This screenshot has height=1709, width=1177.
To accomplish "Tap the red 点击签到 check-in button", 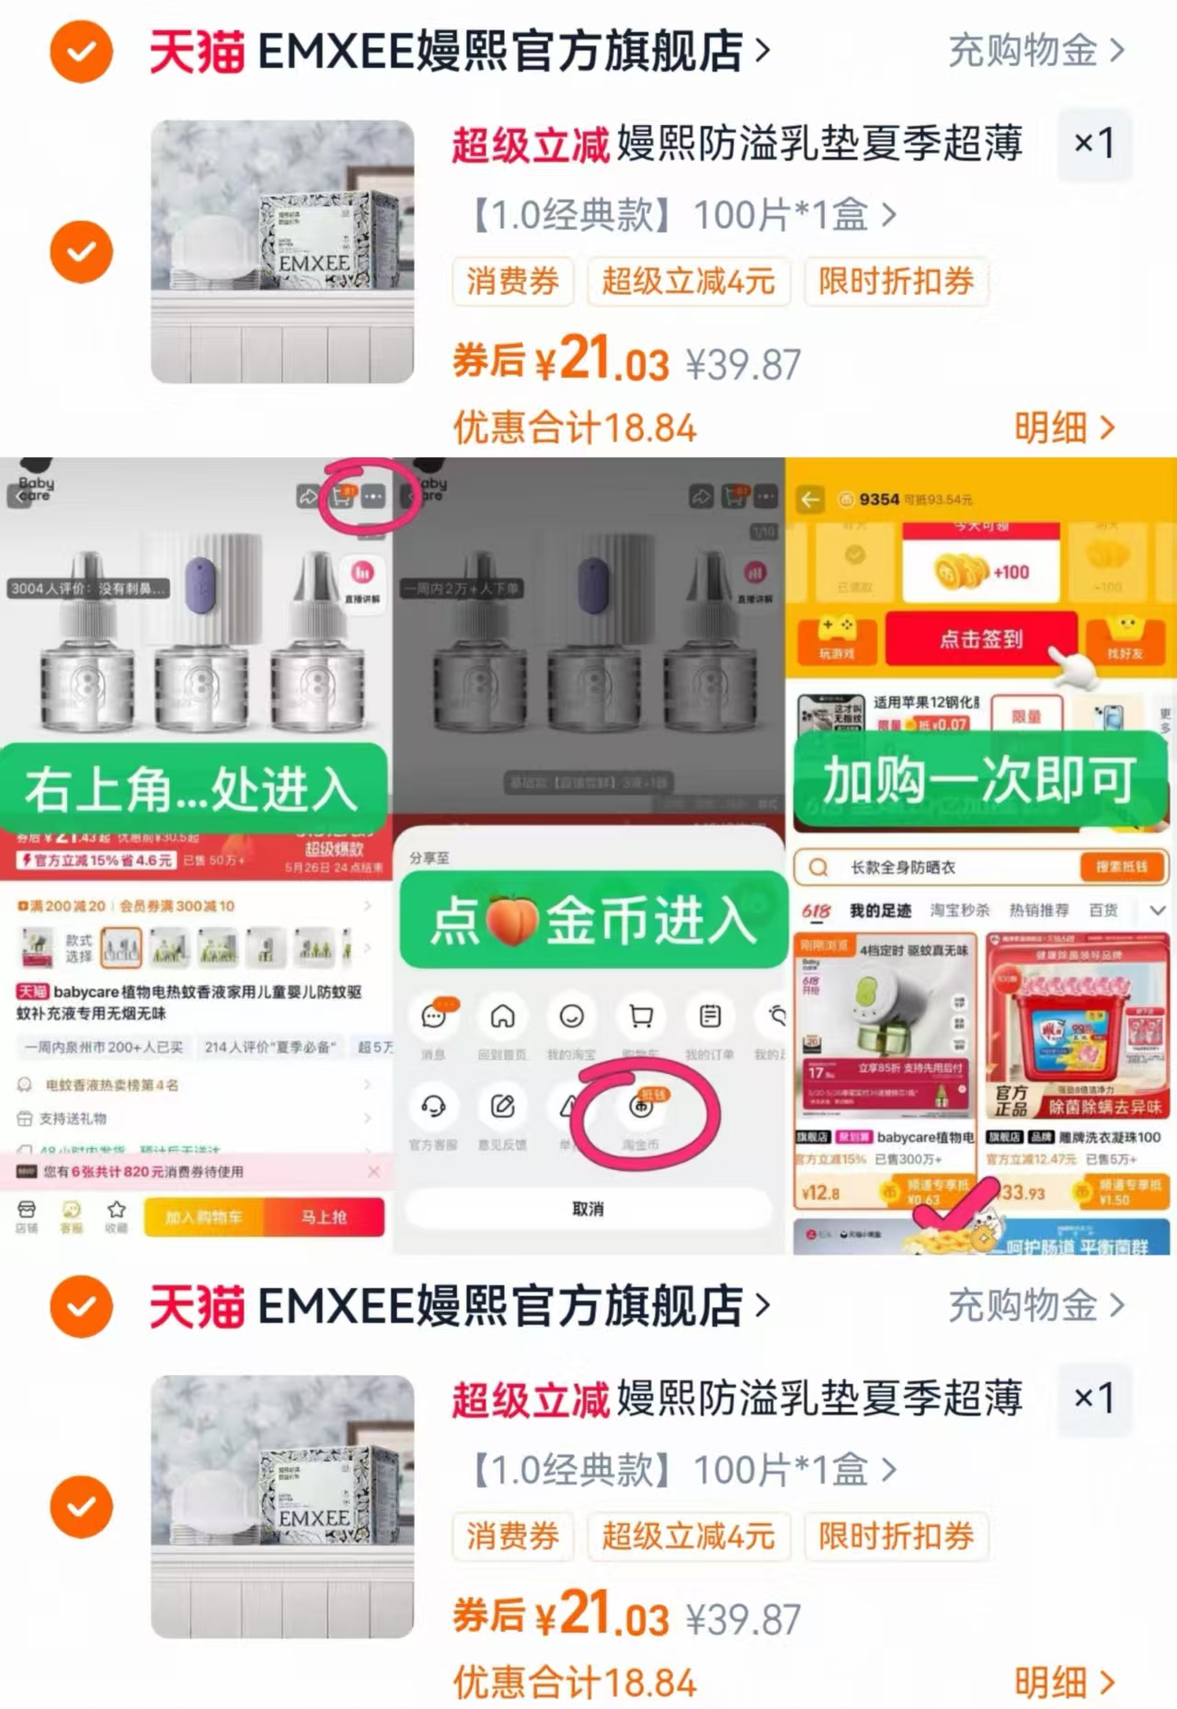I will coord(980,638).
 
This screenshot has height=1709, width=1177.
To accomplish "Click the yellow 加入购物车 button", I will coord(204,1217).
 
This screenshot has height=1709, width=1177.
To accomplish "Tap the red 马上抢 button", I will coord(324,1217).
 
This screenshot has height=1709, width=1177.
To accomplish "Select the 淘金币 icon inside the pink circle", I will coord(641,1107).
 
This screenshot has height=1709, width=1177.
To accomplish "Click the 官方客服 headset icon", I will coord(433,1107).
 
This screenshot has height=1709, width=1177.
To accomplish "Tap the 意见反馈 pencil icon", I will coord(502,1107).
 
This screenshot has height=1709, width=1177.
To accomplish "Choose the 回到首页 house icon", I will coord(502,1016).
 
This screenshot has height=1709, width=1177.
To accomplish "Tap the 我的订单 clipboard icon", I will coord(709,1016).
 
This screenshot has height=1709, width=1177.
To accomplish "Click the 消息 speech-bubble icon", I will coord(433,1016).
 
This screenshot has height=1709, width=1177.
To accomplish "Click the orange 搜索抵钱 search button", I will coord(1120,866).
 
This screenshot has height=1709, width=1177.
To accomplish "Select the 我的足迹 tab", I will coord(880,911).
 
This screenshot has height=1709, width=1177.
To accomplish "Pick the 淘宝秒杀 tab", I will coord(960,911).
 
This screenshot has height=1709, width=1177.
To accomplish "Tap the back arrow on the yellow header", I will coord(810,499).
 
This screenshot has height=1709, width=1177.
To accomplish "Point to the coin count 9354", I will coord(879,499).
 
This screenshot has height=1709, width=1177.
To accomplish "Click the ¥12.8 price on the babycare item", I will coord(821,1193).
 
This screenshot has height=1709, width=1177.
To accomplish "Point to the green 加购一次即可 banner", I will coord(980,780).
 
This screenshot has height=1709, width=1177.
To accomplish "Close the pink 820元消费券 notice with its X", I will coord(374,1171).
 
